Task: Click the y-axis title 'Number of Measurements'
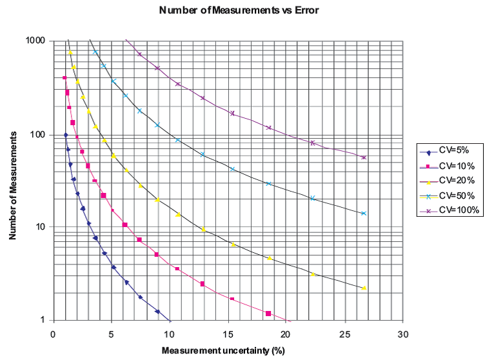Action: (x=12, y=181)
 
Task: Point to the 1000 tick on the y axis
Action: (x=35, y=41)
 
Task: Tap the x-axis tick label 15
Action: (x=229, y=335)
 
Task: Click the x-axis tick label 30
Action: (x=404, y=335)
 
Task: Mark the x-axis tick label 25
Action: (x=346, y=335)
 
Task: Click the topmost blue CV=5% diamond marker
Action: (x=66, y=135)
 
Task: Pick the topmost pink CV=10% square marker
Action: (x=64, y=77)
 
